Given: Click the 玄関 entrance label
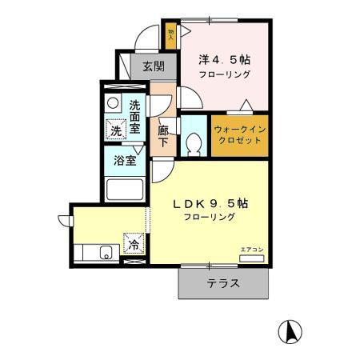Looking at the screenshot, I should point(154,66).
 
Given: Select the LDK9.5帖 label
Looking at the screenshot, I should point(211,203).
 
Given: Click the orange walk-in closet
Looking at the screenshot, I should point(239,135).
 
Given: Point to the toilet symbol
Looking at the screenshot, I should point(193,142).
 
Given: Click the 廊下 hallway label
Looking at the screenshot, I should point(163,135).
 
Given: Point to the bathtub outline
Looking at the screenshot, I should point(125,190).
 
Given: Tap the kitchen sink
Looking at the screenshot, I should point(101,254).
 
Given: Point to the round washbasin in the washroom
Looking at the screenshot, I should point(114,104).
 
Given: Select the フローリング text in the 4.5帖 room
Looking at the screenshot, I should point(225,74).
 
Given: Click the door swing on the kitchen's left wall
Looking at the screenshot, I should point(63,218).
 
